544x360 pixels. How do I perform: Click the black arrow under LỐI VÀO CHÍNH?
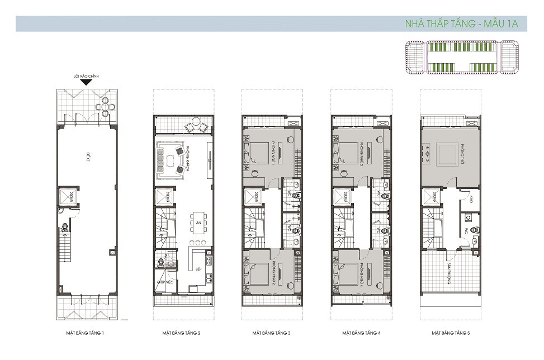86,83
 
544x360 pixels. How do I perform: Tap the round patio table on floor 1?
105,106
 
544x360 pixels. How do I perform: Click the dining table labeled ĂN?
198,221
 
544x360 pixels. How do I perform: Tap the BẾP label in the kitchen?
198,268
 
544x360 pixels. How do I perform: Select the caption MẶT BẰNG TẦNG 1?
86,333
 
